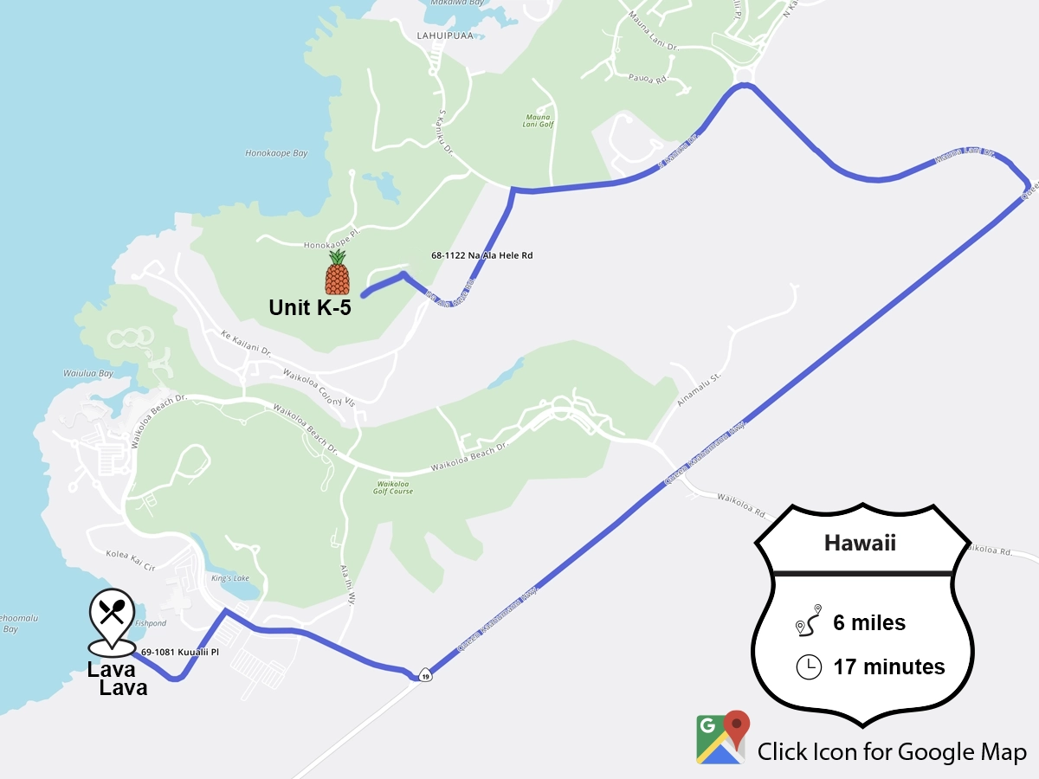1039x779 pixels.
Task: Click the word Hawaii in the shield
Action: (859, 544)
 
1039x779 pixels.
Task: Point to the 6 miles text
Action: (869, 622)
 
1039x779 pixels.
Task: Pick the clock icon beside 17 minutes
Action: (808, 666)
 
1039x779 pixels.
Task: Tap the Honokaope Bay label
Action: (276, 153)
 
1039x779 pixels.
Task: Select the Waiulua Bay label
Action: (88, 374)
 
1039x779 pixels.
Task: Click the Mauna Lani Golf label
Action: (539, 119)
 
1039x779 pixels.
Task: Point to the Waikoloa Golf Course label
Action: (394, 487)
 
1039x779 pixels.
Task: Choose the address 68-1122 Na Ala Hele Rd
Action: (481, 255)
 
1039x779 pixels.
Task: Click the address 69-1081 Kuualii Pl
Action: (179, 652)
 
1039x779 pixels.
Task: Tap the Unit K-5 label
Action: (310, 307)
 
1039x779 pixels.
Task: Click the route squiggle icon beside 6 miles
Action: (808, 622)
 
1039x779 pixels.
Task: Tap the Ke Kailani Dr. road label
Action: (246, 344)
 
